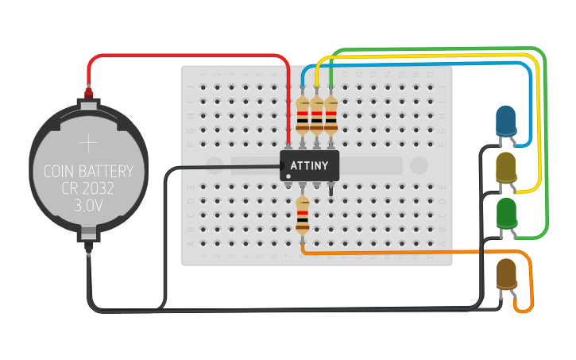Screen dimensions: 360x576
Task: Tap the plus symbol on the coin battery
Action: tap(88, 143)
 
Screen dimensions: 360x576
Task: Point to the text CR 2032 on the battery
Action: tap(88, 188)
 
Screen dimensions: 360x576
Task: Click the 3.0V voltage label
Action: tap(88, 205)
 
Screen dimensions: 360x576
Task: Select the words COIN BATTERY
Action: tap(88, 171)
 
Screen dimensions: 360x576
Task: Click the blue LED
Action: tap(505, 121)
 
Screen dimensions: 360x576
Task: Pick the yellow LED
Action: tap(505, 167)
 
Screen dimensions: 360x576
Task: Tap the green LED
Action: tap(506, 212)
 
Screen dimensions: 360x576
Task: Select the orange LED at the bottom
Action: tap(506, 274)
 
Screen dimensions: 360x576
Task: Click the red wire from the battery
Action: tap(191, 56)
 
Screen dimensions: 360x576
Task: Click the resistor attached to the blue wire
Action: tap(303, 116)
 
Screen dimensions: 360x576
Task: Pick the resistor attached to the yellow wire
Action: tap(317, 116)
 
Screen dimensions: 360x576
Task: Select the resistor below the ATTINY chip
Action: tap(303, 215)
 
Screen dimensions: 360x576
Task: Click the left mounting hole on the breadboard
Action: tap(214, 165)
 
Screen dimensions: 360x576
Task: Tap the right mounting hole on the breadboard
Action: tap(419, 165)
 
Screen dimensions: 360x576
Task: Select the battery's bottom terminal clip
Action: tap(88, 236)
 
